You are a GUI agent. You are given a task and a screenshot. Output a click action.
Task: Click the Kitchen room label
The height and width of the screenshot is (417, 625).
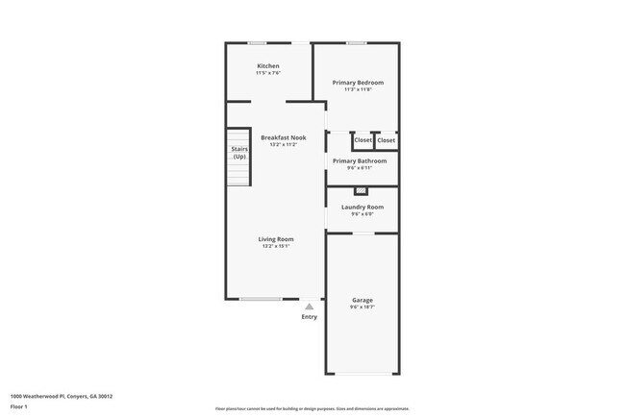(x=268, y=65)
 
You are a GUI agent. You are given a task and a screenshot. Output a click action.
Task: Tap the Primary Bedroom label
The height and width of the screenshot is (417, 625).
(x=358, y=83)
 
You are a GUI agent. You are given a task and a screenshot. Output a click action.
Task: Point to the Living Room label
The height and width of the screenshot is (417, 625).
(x=276, y=238)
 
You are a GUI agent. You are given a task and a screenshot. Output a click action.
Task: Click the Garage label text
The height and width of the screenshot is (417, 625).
(x=362, y=300)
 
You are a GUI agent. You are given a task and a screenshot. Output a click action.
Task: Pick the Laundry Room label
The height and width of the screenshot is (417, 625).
(x=362, y=207)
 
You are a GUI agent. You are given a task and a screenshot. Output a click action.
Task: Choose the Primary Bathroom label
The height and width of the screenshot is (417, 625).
(x=360, y=160)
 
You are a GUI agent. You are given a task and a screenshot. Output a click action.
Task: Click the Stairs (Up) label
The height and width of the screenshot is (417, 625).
(x=239, y=152)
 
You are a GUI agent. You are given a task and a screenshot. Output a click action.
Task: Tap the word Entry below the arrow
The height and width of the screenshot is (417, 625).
(x=309, y=316)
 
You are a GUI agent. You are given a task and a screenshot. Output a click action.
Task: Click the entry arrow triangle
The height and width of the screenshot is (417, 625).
(x=309, y=307)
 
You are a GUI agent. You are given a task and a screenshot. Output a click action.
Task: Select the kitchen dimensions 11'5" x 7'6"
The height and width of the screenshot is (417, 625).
(x=268, y=73)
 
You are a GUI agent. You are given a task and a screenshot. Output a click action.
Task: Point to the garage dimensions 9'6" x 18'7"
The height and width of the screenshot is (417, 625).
(x=362, y=307)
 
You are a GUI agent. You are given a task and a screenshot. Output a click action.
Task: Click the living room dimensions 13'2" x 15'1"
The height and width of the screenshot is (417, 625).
(x=276, y=246)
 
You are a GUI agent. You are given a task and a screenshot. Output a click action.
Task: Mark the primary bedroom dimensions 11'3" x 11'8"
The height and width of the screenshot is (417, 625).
(x=358, y=89)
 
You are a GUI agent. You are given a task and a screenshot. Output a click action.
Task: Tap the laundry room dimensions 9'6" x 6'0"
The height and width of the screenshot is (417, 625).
(x=362, y=213)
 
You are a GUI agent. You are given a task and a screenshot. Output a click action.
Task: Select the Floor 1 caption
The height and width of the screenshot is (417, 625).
(x=19, y=406)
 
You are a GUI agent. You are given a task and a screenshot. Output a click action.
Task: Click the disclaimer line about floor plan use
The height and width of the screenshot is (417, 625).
(x=312, y=408)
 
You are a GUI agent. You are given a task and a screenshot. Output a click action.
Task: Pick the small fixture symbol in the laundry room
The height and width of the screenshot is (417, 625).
(x=361, y=190)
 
